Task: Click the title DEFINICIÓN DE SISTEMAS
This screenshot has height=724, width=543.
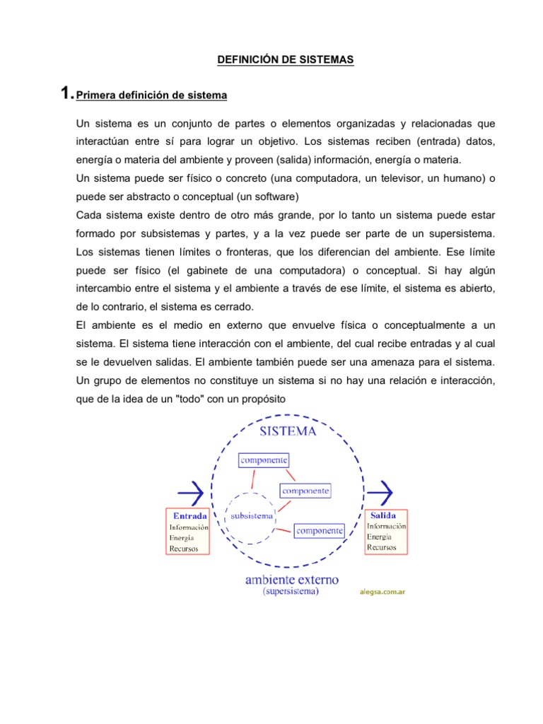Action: [x=285, y=61]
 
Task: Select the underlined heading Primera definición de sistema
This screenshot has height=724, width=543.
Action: [x=151, y=95]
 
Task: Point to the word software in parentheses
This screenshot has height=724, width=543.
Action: [x=277, y=195]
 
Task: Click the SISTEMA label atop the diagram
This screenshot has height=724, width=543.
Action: [x=288, y=430]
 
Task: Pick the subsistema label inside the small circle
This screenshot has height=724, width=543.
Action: [x=252, y=515]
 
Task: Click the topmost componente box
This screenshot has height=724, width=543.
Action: [x=264, y=460]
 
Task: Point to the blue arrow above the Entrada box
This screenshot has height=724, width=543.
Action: [x=189, y=490]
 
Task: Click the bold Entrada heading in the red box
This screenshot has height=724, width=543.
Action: [x=190, y=515]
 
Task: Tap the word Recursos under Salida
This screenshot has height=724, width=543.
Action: [x=382, y=547]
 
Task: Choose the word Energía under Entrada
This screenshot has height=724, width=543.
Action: [x=182, y=537]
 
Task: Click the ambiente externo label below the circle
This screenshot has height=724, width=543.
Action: [x=291, y=580]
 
